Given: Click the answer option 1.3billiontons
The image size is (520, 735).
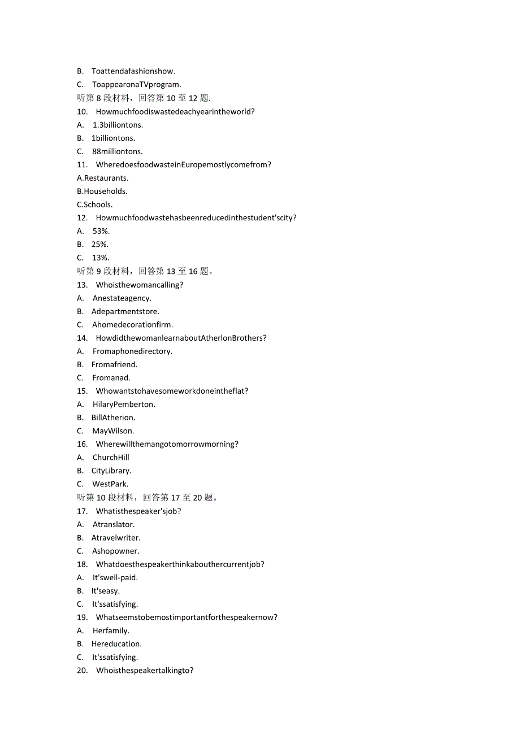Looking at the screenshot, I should pos(118,125).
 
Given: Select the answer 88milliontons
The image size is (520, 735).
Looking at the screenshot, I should pos(118,151).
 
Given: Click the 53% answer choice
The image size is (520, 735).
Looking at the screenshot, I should pos(101,231).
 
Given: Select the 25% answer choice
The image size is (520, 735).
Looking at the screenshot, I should pos(100,244).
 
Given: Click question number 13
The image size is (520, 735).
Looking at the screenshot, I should pos(83,285).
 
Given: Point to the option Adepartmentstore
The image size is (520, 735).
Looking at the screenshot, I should pos(125,311).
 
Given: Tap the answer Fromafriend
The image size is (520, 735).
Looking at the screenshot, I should pos(115,364).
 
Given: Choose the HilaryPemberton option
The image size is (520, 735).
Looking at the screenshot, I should pos(124,404).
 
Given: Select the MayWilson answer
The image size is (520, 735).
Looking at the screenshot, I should pos(113,430).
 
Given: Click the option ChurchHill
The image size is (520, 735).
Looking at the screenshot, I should pos(111,457).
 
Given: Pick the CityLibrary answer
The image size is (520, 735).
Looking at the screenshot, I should pos(111,471).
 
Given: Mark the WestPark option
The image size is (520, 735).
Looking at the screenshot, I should pos(110,484).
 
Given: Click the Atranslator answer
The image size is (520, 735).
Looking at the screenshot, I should pos(114,524).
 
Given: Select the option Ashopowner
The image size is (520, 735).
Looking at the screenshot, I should pos(116,551).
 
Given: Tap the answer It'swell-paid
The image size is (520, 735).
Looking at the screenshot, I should pos(115,577).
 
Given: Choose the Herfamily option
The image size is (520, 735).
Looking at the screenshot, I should pos(111,630).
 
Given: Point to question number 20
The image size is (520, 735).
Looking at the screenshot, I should pos(83,671).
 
